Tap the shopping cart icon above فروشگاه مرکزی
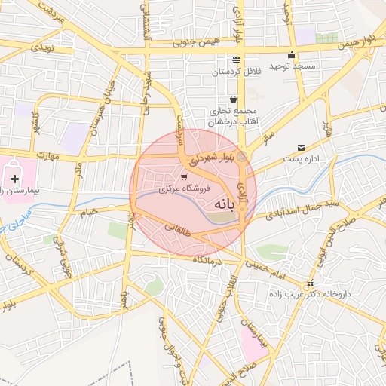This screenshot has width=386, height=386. [x=184, y=177]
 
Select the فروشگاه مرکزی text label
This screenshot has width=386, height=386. [x=185, y=190]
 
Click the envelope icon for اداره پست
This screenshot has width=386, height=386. [x=302, y=146]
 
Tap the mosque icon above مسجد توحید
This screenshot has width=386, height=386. [x=293, y=55]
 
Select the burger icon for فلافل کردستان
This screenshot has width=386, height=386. [x=237, y=60]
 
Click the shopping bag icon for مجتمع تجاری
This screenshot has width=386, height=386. [x=233, y=99]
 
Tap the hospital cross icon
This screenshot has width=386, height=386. [x=15, y=178]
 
